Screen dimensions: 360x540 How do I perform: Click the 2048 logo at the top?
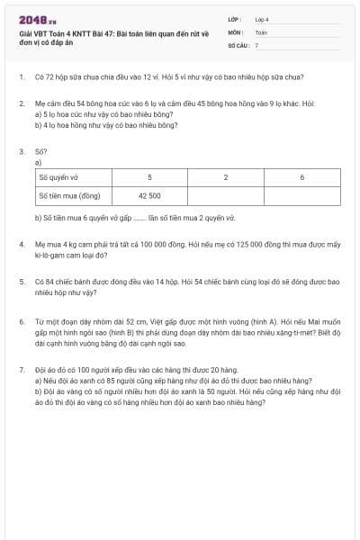coord(31,19)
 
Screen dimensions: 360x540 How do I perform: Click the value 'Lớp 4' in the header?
coord(262,19)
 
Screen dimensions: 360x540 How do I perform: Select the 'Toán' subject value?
coord(261,31)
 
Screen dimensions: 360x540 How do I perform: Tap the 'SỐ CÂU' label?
coord(238,44)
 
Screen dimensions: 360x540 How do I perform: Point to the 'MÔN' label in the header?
coord(236,31)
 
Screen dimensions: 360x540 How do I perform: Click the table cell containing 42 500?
coord(149,194)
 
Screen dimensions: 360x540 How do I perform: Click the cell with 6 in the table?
coord(301,177)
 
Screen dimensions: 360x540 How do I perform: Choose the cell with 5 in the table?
coord(149,177)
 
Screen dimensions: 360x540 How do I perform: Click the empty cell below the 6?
coord(301,194)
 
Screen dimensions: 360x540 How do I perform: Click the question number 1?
coord(21,77)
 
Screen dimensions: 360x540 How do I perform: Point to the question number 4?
coord(21,245)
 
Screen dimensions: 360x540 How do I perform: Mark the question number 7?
coord(21,370)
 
